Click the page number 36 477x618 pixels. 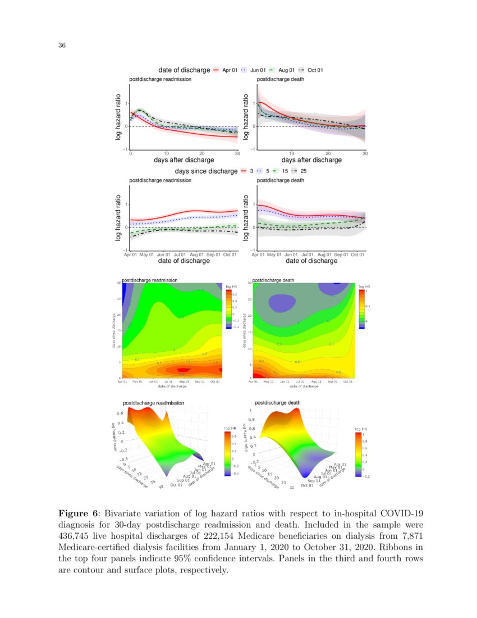coord(62,46)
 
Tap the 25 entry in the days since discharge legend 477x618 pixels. coord(303,171)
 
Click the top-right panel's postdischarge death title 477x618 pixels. coord(281,80)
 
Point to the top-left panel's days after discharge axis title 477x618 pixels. coord(184,160)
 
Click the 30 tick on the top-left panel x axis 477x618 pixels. coord(237,153)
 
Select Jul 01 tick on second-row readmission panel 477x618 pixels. coord(180,255)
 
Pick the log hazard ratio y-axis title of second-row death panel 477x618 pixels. coord(246,218)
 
